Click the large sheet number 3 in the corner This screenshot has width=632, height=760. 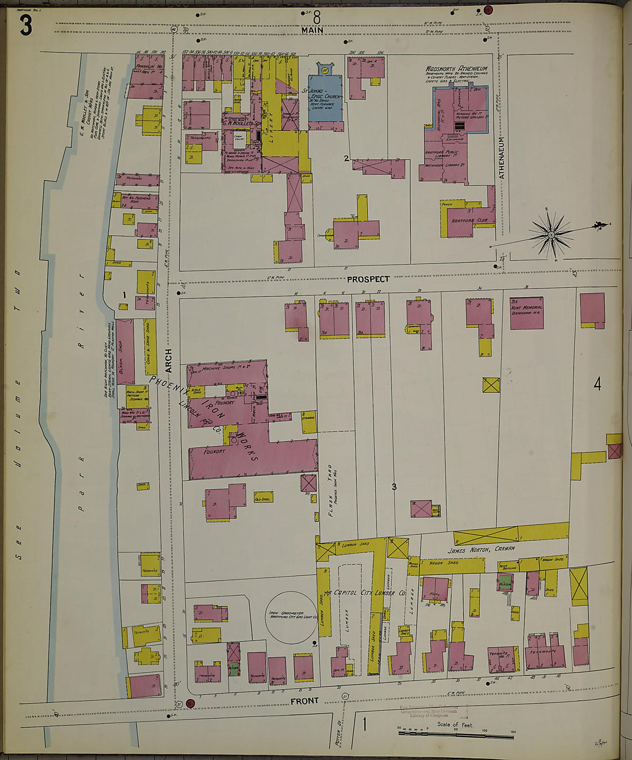(x=26, y=25)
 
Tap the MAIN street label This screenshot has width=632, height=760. (x=312, y=30)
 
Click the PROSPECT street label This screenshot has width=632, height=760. (x=368, y=279)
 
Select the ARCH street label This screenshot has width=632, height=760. (x=168, y=359)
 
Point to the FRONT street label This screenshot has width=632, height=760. (x=304, y=701)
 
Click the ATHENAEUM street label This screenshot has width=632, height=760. (x=501, y=157)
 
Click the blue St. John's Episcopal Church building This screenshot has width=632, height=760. (x=325, y=98)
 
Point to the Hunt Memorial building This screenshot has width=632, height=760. (x=527, y=313)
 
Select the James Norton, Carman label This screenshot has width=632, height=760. (x=481, y=549)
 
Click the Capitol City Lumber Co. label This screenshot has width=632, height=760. (x=368, y=593)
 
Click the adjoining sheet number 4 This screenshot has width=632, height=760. (x=597, y=384)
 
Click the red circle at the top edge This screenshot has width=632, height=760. (x=488, y=10)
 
